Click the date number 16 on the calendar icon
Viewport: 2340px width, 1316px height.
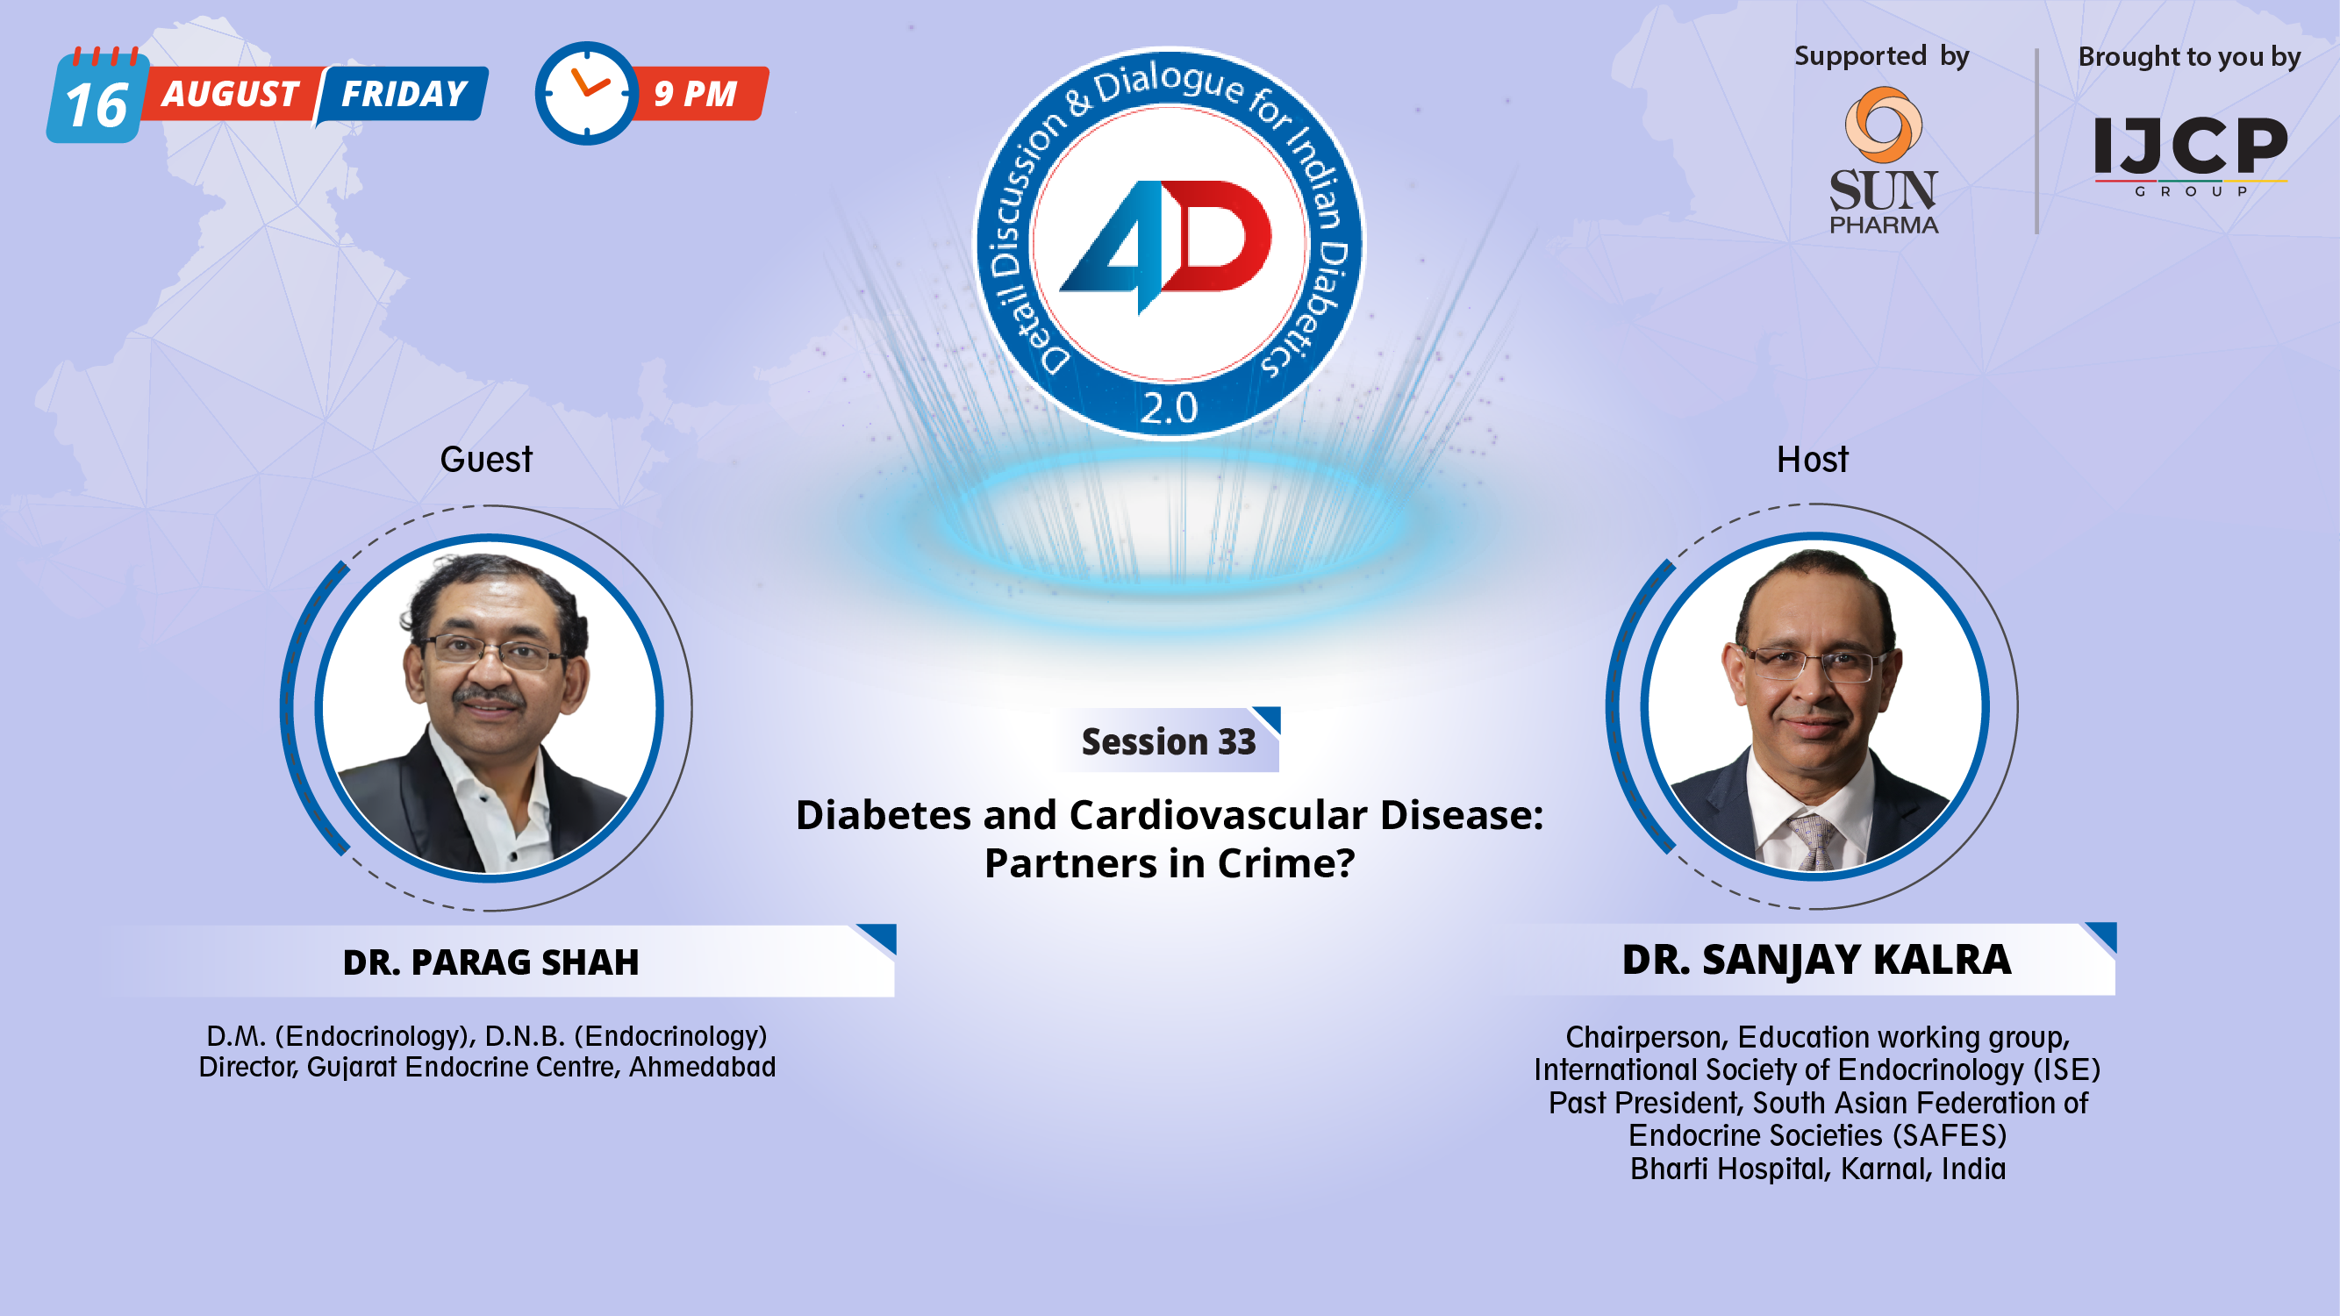point(97,105)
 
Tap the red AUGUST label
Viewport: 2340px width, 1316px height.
point(231,95)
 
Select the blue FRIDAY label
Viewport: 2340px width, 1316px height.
point(404,95)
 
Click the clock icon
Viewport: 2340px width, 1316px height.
point(586,93)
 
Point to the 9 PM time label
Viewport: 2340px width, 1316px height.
point(696,94)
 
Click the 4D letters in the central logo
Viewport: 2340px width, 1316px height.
point(1168,241)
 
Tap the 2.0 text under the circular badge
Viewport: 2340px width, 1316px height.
point(1169,408)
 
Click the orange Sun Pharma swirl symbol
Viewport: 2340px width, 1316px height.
point(1883,125)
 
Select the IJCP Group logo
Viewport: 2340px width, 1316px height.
point(2190,153)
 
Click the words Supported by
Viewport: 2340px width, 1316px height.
point(1881,56)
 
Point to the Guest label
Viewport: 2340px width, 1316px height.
point(486,460)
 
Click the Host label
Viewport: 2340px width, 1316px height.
point(1812,460)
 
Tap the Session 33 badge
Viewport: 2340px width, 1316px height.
point(1168,742)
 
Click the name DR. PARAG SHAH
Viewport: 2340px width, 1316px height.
point(490,962)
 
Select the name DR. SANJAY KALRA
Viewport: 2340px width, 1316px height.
point(1817,960)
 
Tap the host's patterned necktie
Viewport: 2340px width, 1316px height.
point(1814,841)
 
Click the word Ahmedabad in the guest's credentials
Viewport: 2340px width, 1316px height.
point(702,1067)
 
